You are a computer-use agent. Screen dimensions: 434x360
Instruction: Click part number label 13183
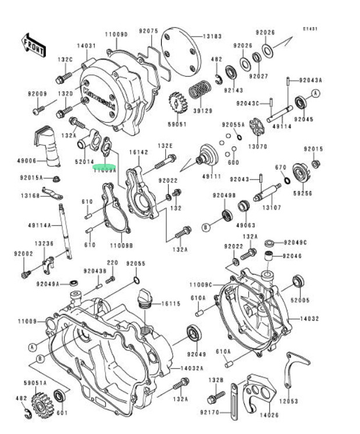[x=212, y=36]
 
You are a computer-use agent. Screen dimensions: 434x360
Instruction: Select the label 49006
[x=27, y=161]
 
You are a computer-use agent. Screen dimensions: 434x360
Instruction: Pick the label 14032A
[x=191, y=368]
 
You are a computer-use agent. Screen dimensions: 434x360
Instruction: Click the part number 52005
[x=300, y=300]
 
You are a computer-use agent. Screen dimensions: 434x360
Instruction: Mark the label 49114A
[x=41, y=225]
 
